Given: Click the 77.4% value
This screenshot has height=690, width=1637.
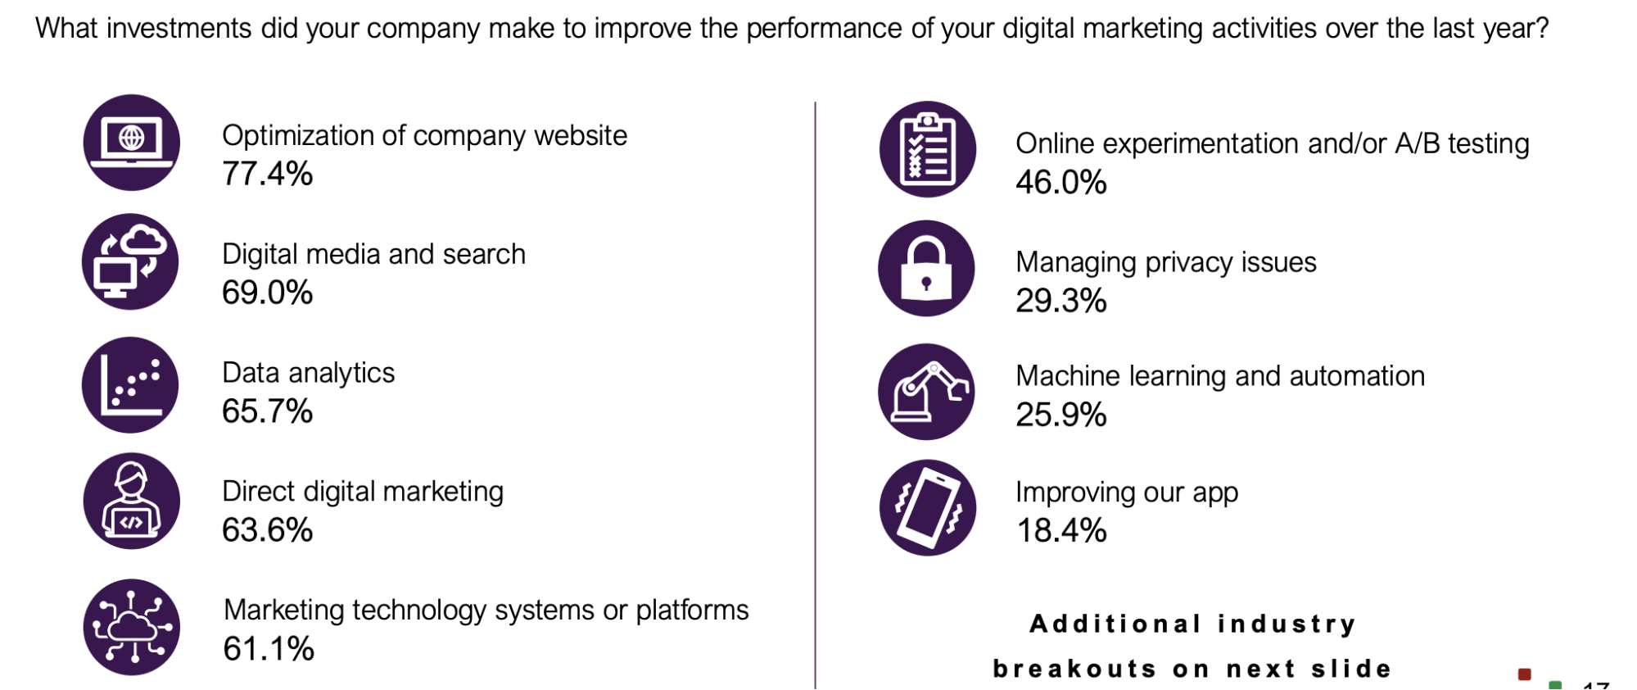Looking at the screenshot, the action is tap(267, 174).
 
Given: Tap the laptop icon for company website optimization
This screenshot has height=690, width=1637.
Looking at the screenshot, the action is tap(132, 143).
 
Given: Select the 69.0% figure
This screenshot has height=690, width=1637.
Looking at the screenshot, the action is tap(267, 293).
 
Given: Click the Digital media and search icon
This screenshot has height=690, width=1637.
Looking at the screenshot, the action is tap(130, 261).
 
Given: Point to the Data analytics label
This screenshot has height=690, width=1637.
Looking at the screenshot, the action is tap(309, 373).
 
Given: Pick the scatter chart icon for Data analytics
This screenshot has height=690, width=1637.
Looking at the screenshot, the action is tap(130, 385).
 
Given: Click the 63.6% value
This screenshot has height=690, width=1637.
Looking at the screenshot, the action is tap(267, 530).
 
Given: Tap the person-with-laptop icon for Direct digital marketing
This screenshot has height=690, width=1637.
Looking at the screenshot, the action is tap(132, 501).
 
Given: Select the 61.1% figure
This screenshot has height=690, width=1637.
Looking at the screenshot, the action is tap(269, 649).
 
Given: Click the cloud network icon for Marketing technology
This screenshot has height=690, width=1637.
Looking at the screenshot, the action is tap(132, 627).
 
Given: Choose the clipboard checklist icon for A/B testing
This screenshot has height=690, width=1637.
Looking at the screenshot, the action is tap(928, 149).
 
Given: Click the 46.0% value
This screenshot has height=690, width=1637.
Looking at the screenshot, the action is tap(1061, 182).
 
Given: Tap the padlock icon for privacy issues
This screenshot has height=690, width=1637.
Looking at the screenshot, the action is tap(926, 268).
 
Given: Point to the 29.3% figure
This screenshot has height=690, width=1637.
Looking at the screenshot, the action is tap(1061, 301).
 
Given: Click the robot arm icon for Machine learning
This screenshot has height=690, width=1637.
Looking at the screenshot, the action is tap(926, 392).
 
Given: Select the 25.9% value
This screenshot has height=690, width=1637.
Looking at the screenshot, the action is tap(1061, 415).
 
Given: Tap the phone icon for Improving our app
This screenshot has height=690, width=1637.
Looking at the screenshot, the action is tap(928, 507).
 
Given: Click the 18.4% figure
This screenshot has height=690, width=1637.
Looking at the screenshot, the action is tap(1061, 530).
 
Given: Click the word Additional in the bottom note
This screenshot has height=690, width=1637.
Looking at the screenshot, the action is tap(1115, 624).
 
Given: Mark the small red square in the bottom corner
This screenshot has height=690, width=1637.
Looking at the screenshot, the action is tap(1524, 674).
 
